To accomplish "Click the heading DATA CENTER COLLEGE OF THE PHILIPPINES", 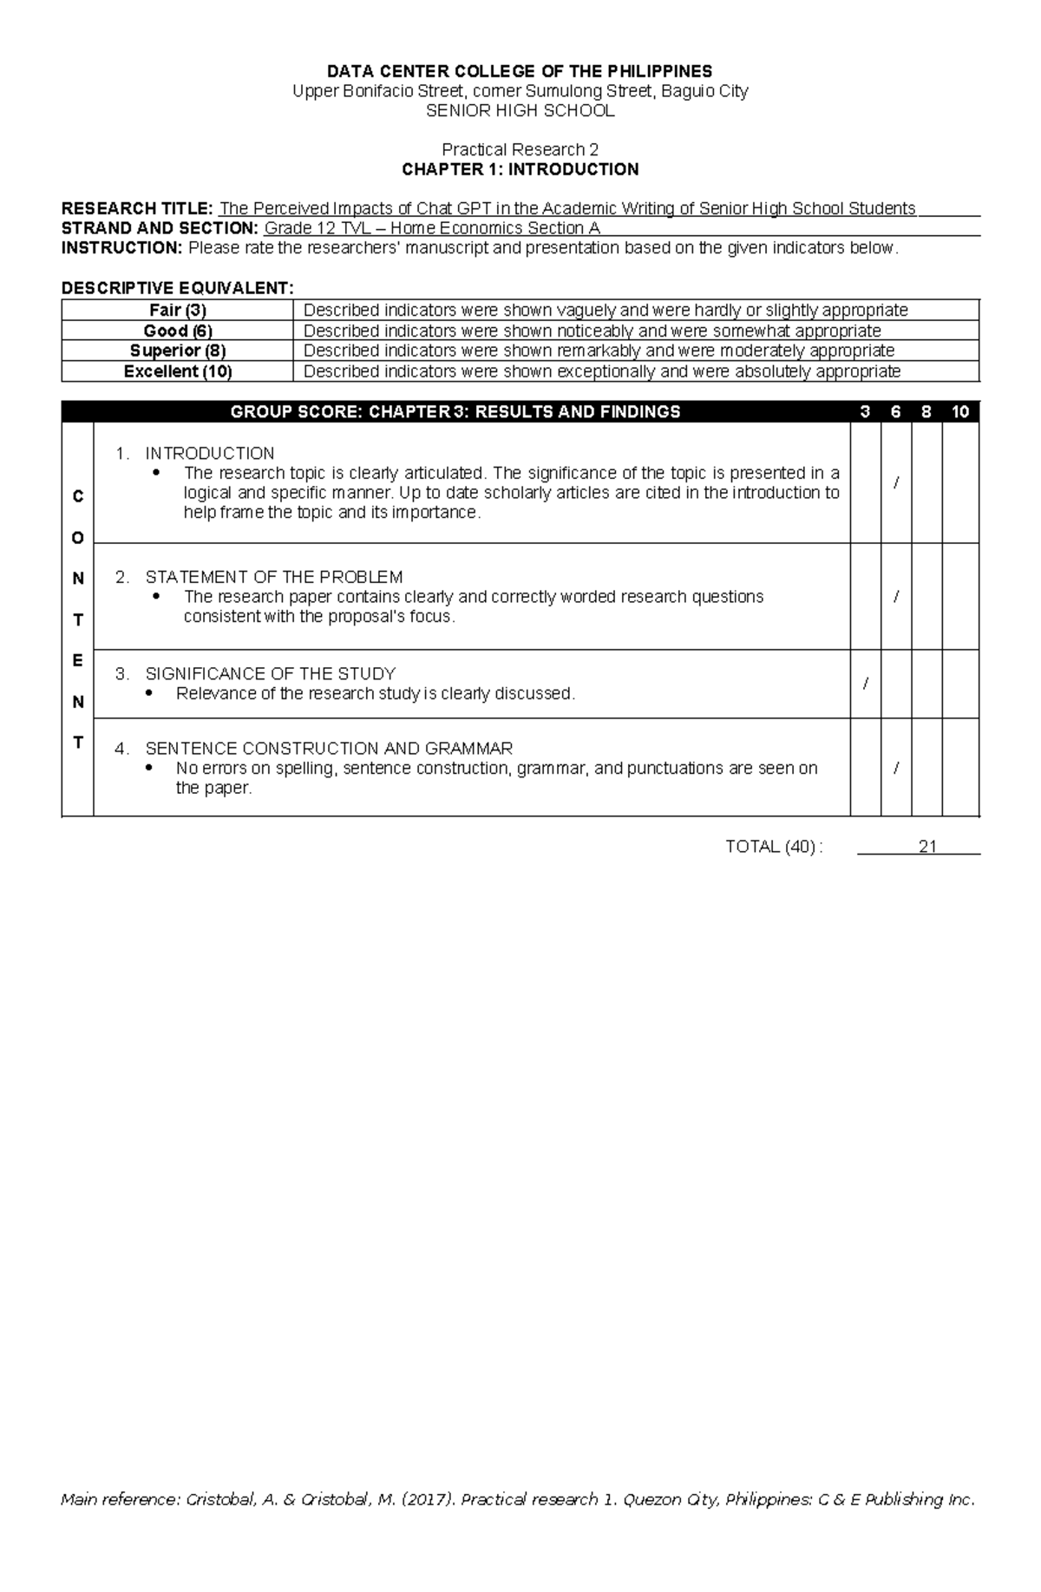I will point(520,71).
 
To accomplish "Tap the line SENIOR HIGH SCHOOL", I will point(520,111).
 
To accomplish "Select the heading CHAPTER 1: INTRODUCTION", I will point(520,169).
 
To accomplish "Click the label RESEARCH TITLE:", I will point(136,208).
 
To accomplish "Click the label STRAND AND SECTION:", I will point(160,228).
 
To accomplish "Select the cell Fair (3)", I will point(178,311).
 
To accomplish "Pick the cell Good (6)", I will point(178,331).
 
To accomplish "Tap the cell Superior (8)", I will point(178,351).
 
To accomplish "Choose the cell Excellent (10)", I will point(178,371).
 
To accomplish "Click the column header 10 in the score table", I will point(959,412).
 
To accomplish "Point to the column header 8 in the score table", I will point(926,412).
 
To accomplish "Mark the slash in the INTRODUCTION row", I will point(896,482).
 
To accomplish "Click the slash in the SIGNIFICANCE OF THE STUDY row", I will point(865,684).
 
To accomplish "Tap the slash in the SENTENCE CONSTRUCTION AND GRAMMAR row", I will point(896,768).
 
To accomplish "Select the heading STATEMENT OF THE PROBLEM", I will point(273,577).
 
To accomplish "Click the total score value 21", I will point(927,847).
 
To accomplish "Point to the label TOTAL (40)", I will point(769,847).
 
